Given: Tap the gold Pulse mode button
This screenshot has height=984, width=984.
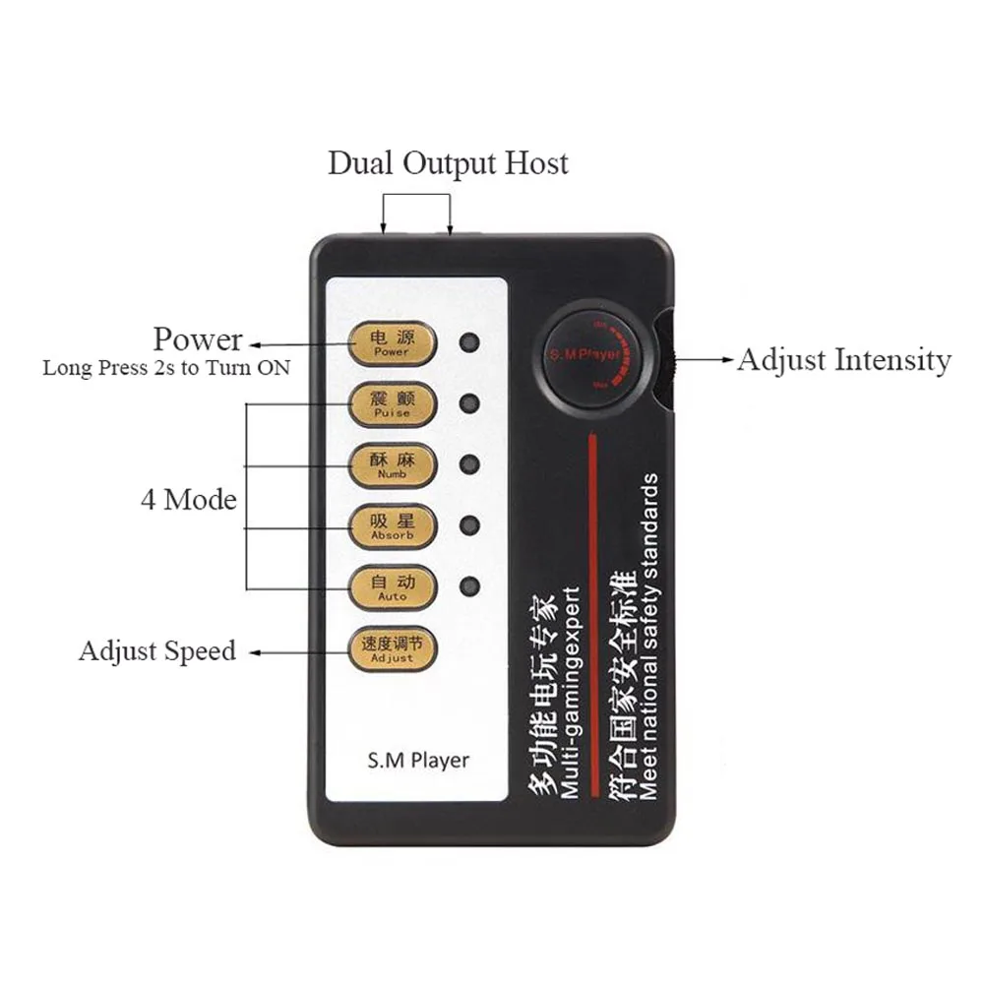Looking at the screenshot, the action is [392, 404].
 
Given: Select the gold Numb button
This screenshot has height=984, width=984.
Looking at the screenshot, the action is [392, 464].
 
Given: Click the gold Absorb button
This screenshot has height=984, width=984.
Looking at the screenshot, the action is [392, 525].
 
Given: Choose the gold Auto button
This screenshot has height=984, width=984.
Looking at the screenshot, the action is [392, 586].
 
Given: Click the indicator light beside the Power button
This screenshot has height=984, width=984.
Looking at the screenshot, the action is [470, 342].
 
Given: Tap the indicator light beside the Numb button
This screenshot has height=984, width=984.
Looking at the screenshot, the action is [470, 463].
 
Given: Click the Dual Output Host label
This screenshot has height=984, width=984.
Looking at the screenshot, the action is [448, 163].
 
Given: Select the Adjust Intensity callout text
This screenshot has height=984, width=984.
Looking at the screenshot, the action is [844, 360].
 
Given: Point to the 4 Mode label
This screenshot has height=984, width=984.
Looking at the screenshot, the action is [188, 500].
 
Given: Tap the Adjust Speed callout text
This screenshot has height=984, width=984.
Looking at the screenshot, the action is [157, 651].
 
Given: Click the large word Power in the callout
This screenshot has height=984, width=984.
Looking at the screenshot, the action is [197, 339].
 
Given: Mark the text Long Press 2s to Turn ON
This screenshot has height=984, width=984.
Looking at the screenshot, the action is [166, 369].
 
